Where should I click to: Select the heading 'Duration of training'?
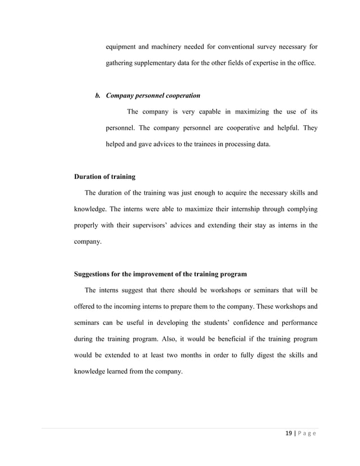(104, 177)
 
